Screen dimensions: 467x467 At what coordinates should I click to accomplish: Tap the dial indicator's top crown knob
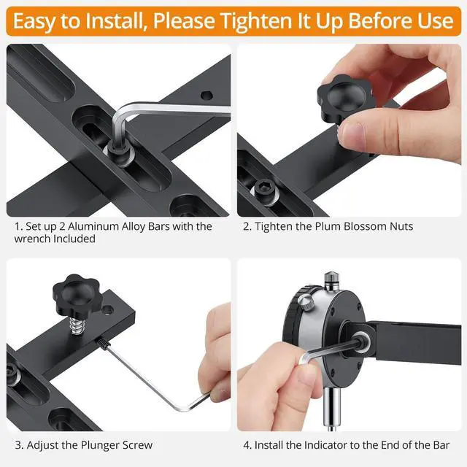click(x=333, y=278)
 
